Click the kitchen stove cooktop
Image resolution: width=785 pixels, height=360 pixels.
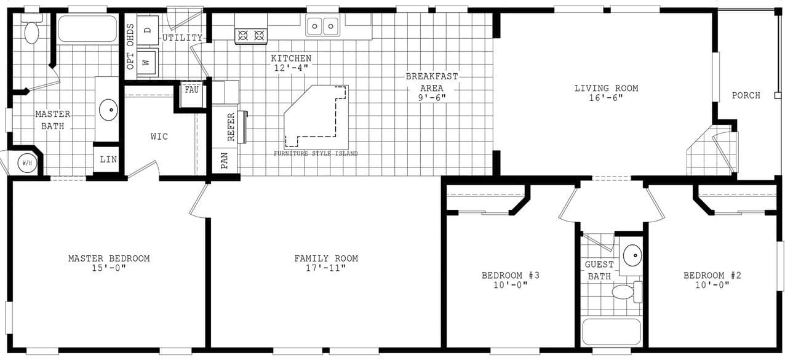point(251,36)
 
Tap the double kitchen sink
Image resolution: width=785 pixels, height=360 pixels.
point(323,26)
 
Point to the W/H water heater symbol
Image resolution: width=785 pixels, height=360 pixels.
point(26,163)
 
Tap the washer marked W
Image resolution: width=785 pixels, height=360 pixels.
point(147,62)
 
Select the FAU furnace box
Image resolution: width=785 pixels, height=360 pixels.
point(192,90)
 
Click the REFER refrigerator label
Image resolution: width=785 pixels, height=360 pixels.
point(231,127)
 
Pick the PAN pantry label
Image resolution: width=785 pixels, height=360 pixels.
point(225,161)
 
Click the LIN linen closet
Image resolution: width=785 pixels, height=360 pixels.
point(108,159)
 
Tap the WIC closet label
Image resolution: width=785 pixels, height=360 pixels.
point(159,136)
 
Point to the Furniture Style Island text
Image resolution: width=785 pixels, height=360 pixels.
point(316,153)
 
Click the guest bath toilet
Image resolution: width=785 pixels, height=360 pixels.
point(626,291)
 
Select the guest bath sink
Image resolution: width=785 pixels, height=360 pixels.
point(632,254)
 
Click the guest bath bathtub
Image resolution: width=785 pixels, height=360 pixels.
point(612,332)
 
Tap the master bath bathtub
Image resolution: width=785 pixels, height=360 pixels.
point(87,29)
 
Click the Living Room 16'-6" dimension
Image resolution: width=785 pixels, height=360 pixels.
point(606,98)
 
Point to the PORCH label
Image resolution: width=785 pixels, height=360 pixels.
point(746,95)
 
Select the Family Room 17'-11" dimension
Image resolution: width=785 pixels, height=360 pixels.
point(325,268)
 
